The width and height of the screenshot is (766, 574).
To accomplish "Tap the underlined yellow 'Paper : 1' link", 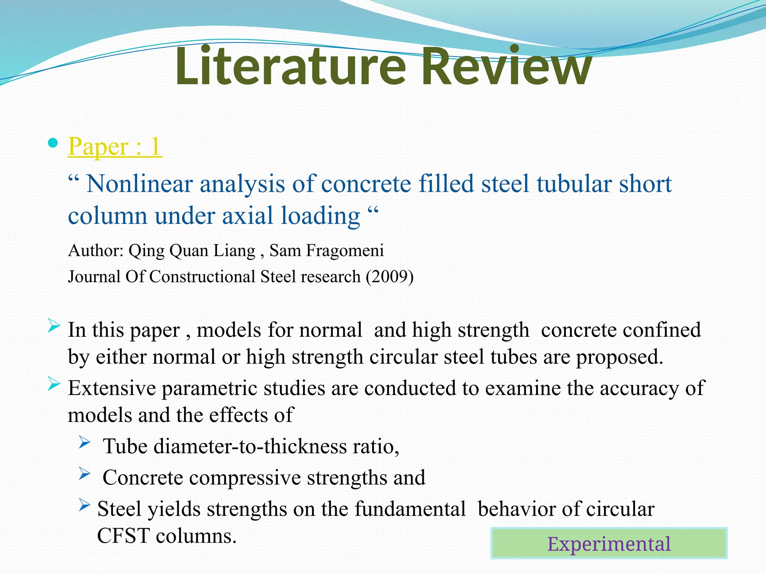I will (115, 146).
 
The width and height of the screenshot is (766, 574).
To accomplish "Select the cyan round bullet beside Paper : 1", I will (53, 143).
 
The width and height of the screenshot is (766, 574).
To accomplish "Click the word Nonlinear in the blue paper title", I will (139, 184).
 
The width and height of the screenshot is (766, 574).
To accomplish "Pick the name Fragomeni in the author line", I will (345, 250).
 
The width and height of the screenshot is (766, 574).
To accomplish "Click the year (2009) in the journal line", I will (389, 277).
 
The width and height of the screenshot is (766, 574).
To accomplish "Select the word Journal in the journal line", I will (94, 277).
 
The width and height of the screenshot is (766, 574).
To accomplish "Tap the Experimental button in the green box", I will (609, 543).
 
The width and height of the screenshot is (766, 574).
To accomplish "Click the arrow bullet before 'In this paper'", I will (54, 326).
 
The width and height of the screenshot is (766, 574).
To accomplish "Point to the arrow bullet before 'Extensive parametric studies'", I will (54, 385).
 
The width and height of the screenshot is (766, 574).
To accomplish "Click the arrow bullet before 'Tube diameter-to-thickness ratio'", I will (85, 443).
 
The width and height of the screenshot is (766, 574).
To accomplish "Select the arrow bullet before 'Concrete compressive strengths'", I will (85, 474).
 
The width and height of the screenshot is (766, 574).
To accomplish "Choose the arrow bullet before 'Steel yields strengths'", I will (85, 505).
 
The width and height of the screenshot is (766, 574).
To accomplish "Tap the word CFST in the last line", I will (123, 536).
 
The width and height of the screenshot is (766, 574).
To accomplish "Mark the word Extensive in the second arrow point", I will (112, 388).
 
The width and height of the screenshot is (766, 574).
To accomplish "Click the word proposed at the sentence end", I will (619, 357).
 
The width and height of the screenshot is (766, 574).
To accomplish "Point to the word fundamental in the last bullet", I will (410, 509).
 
